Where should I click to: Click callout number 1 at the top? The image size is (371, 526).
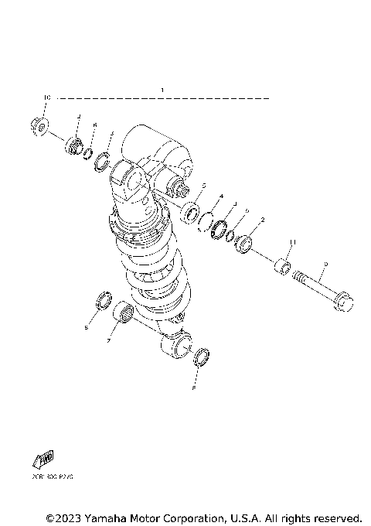(x=163, y=91)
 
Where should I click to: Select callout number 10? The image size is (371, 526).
(x=46, y=97)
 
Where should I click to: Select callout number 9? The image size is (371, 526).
(x=325, y=265)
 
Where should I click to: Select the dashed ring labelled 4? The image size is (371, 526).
(x=206, y=223)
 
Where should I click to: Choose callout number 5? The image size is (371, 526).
(x=203, y=186)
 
